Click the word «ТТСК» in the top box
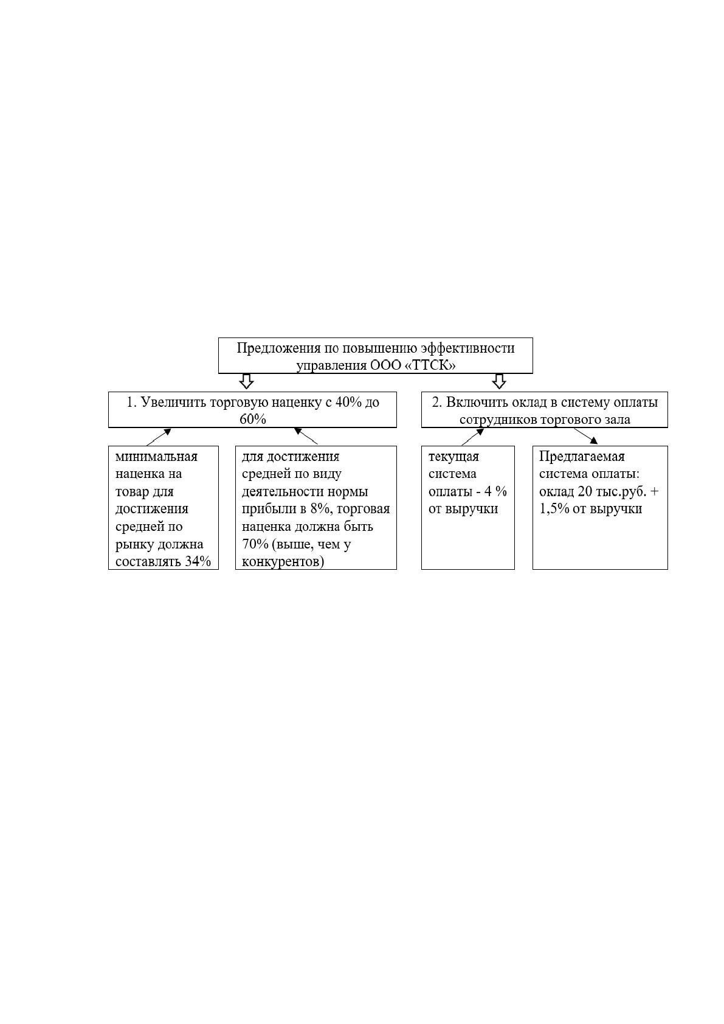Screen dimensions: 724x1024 point(430,365)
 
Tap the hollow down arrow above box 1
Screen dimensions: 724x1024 point(246,381)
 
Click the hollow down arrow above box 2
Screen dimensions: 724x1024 point(498,381)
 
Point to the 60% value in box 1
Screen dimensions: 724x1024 point(253,419)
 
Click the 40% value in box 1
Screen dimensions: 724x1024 point(349,403)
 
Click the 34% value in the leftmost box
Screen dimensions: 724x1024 point(198,561)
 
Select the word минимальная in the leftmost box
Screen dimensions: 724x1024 point(156,457)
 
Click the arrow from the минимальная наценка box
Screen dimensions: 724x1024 point(159,437)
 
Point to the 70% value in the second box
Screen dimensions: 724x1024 point(255,544)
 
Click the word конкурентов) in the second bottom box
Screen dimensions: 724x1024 point(283,561)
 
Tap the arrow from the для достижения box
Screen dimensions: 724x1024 point(306,436)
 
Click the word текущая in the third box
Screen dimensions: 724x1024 point(453,457)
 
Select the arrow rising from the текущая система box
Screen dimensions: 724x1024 point(472,437)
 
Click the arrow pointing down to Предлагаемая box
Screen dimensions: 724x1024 point(585,436)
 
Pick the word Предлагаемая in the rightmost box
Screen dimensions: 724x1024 point(582,457)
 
